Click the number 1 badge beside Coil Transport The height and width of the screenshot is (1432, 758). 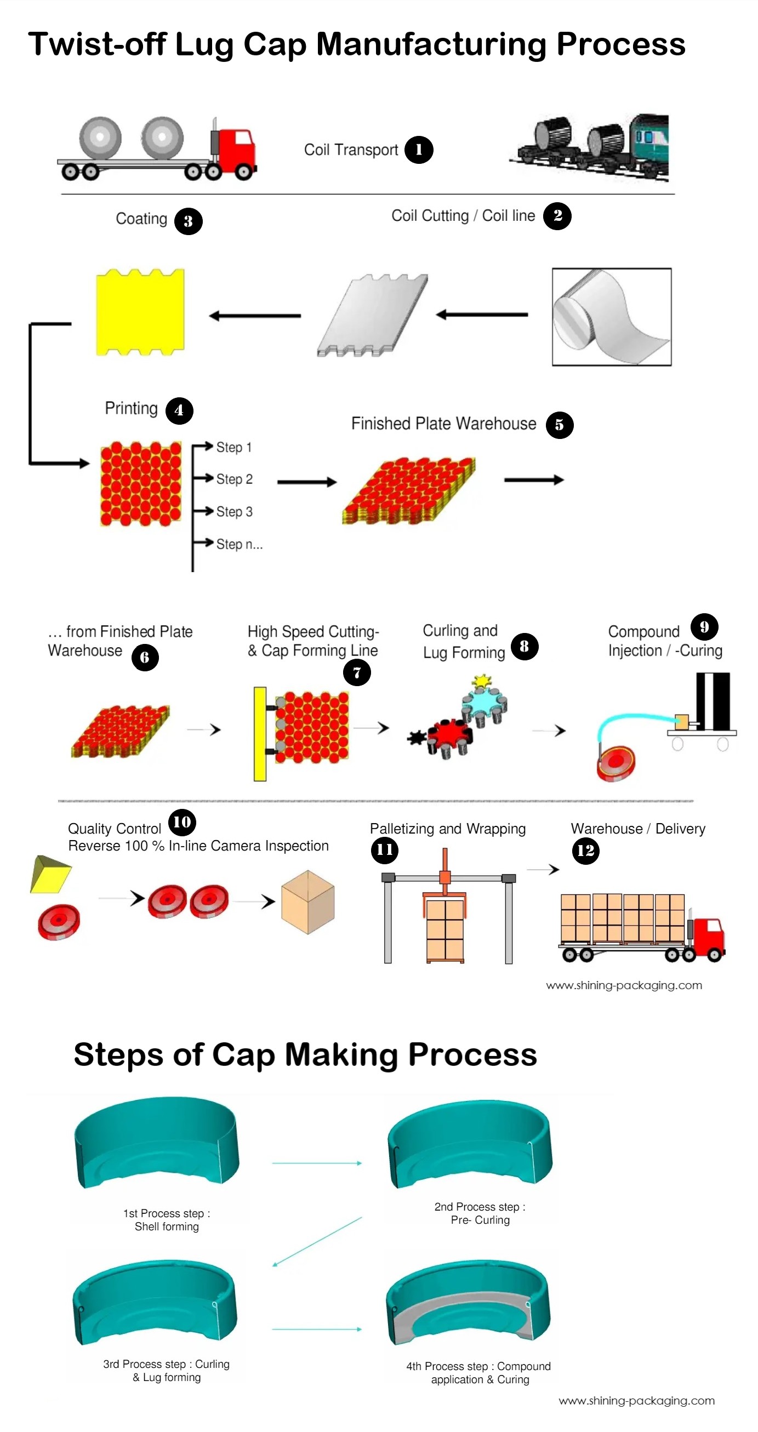418,150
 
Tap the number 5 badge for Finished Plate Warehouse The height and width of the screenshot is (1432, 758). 559,425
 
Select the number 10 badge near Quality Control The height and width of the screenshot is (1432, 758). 182,822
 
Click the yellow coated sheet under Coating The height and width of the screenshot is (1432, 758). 140,312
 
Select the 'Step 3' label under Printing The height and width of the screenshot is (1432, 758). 234,511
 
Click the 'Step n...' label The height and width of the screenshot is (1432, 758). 239,544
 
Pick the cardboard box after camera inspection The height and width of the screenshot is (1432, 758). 307,902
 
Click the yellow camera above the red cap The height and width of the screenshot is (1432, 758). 50,874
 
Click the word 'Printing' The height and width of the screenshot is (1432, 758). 131,409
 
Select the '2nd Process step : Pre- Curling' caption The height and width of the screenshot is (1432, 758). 480,1213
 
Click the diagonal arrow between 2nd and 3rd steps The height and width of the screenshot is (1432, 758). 317,1241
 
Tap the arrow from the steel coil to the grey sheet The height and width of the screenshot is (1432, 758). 482,315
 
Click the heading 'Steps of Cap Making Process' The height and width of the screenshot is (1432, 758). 305,1054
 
